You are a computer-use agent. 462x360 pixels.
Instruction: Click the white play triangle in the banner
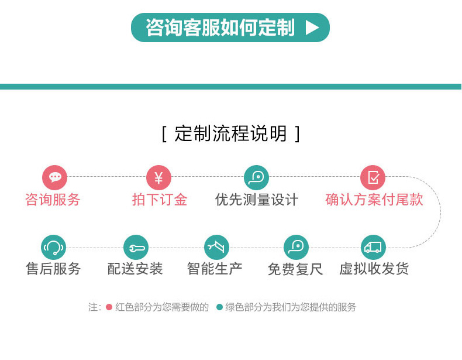click(312, 28)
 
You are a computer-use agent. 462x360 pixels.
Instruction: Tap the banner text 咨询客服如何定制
click(220, 28)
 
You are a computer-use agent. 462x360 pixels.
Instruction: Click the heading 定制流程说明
click(230, 133)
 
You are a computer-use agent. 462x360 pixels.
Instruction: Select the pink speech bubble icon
click(55, 177)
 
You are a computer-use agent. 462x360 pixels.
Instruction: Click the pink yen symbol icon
click(159, 177)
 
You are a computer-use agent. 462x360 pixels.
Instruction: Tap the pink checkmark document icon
click(373, 177)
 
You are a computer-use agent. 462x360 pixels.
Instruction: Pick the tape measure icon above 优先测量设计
click(256, 177)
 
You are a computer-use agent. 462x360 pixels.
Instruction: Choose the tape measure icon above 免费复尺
click(296, 248)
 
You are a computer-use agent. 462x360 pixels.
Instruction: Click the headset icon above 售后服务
click(54, 248)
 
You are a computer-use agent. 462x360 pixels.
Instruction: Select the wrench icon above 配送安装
click(136, 248)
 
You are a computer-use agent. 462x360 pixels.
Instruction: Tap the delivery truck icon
click(373, 248)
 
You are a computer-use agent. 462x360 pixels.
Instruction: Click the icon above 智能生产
click(216, 248)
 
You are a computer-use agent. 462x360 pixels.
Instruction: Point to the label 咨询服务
click(53, 200)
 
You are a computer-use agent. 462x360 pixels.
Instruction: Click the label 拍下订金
click(160, 200)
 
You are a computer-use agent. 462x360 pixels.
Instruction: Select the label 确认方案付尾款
click(374, 200)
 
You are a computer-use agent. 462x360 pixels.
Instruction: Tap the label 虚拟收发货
click(374, 269)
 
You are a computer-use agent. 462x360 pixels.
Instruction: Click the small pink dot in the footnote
click(109, 307)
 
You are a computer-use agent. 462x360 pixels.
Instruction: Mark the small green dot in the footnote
click(219, 307)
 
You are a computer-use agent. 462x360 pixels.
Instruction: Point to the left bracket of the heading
click(164, 134)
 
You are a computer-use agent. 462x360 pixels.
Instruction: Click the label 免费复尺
click(295, 269)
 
